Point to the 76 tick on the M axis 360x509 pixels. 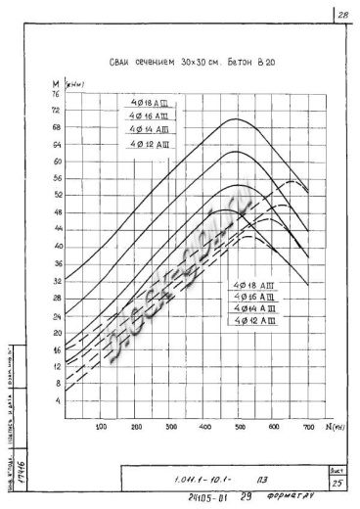56,94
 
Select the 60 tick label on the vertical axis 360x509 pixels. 56,162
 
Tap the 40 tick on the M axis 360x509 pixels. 56,247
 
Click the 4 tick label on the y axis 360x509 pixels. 57,400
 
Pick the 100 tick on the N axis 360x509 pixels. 101,428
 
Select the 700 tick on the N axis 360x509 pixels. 308,428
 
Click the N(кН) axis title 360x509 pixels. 331,427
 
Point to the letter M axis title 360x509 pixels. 55,84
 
